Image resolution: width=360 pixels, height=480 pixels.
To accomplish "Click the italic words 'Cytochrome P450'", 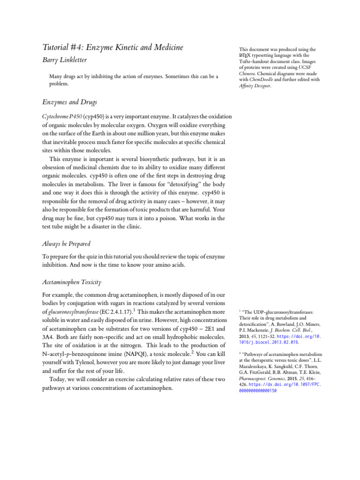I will pyautogui.click(x=58, y=116).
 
